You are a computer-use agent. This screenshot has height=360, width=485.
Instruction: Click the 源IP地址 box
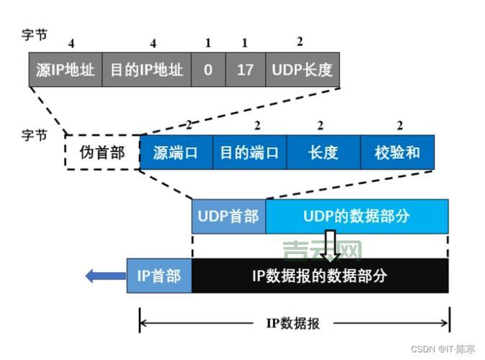coord(66,70)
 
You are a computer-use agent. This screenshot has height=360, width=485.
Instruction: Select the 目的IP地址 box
coord(146,70)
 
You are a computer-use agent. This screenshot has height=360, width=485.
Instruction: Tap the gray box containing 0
coord(208,70)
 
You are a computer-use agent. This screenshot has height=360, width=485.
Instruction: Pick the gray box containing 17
coord(245,70)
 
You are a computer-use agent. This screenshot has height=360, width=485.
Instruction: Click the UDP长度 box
coord(303,70)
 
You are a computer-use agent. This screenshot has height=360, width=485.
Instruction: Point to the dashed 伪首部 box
coord(102,152)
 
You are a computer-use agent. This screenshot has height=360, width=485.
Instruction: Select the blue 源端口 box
coord(176,152)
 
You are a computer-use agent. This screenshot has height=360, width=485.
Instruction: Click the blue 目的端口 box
coord(249,152)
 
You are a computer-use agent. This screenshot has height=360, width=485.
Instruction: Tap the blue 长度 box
coord(323,152)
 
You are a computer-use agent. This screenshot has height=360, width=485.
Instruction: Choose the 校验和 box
coord(397,152)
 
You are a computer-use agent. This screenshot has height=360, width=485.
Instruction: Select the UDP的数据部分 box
coord(357,216)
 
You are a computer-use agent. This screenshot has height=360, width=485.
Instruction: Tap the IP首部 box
coord(159,275)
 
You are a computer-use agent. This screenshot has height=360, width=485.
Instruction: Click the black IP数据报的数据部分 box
coord(320,275)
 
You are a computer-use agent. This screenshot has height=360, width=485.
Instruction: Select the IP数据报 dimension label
coord(293,323)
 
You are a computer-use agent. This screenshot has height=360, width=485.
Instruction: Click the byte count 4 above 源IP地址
coord(71,44)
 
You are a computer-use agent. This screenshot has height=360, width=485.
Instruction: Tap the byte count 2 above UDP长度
coord(300,42)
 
